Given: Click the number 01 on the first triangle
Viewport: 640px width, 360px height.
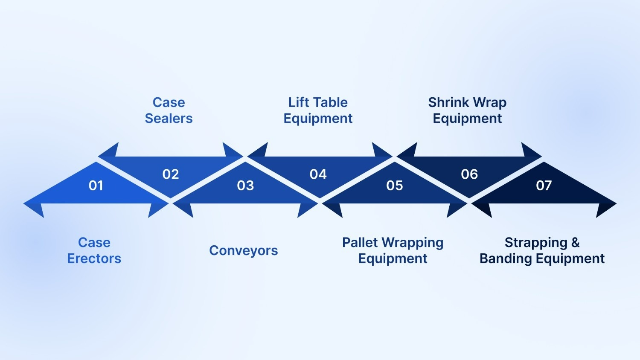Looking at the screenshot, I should [x=96, y=186].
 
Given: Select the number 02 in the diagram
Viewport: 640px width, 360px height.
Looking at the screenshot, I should [x=171, y=174].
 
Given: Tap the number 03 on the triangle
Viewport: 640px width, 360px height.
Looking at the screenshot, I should [x=245, y=186].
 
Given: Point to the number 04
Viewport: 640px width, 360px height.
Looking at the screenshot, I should [x=318, y=174].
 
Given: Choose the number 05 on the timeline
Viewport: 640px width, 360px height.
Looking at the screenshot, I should [x=395, y=186].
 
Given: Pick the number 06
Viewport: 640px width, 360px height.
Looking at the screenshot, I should [x=469, y=174].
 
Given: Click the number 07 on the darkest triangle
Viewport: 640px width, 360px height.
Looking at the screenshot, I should [x=544, y=186].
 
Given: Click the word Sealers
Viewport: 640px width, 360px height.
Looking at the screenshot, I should [x=169, y=118].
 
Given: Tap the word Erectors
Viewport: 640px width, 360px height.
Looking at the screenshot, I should [x=94, y=258].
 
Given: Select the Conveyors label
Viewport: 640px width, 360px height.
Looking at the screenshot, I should [x=243, y=250].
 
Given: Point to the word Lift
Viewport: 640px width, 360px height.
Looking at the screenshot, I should [x=298, y=102].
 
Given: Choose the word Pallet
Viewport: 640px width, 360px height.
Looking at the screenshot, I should [x=360, y=242].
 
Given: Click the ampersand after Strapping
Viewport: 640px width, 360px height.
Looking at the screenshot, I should [x=576, y=242].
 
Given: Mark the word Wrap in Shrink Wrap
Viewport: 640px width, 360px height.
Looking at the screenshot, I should [x=490, y=103].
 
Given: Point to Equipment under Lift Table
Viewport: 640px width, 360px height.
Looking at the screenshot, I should [x=318, y=119].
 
